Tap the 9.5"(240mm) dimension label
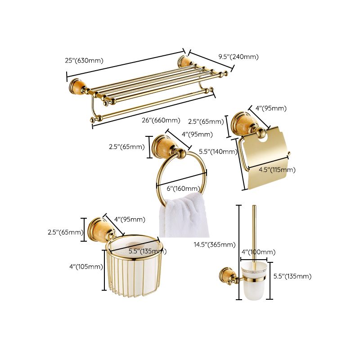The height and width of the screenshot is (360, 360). coord(238,57)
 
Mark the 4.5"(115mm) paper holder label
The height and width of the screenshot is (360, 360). coord(277,170)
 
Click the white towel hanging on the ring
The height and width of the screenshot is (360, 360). coord(183,216)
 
